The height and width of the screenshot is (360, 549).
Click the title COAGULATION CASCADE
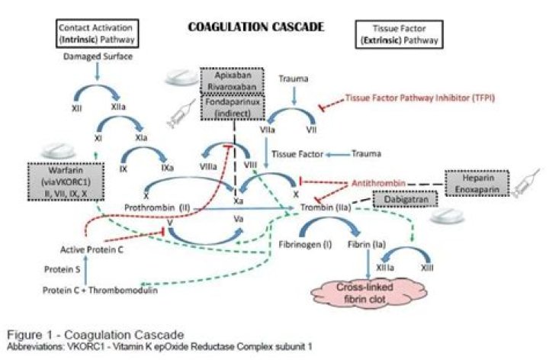click(x=256, y=27)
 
